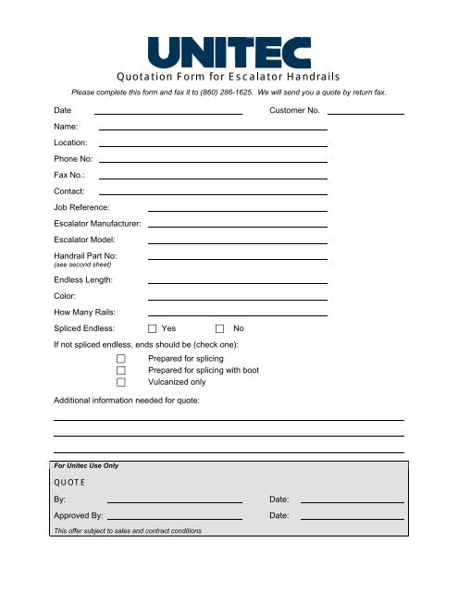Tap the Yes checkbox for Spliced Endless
153,328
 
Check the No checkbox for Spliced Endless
220,328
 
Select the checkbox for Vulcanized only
120,381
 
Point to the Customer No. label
294,111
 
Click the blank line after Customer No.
365,113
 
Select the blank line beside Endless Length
238,281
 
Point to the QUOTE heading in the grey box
69,481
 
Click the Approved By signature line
175,518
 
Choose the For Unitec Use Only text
86,465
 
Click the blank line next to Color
238,299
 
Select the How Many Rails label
83,313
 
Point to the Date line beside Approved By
353,518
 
